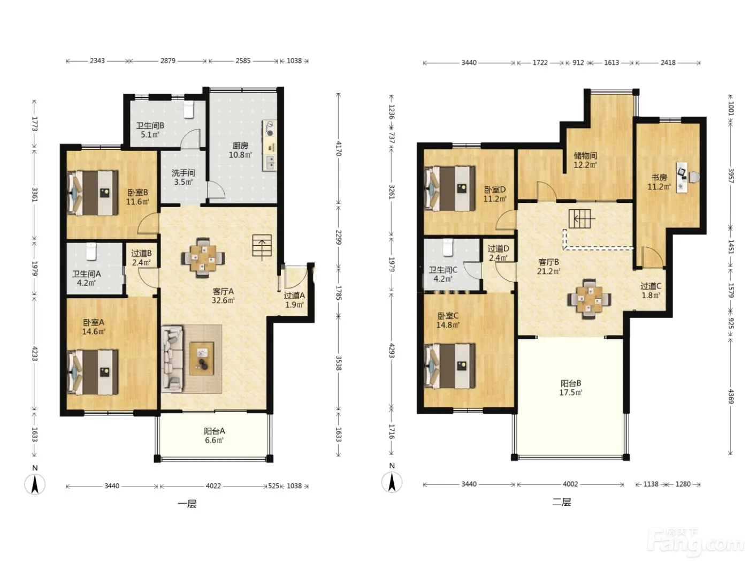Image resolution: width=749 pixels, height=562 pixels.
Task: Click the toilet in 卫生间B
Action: click(189, 109)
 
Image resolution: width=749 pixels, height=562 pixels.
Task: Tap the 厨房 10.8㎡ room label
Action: click(240, 150)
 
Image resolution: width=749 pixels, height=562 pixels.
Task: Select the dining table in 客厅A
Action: click(203, 258)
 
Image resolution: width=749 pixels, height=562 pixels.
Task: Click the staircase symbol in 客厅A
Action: click(262, 246)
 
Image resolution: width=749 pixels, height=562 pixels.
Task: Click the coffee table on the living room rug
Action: click(202, 358)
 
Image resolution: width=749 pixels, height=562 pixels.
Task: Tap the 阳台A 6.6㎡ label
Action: click(215, 435)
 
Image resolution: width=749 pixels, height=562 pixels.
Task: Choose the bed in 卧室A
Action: click(93, 373)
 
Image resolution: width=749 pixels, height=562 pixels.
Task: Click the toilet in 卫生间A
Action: click(91, 252)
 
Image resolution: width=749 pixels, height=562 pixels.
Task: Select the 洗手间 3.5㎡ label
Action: click(184, 178)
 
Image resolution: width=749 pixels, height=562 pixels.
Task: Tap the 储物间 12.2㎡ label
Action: click(585, 161)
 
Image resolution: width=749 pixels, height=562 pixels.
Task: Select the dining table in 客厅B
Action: click(590, 299)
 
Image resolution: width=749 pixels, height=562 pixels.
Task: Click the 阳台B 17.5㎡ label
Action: click(570, 388)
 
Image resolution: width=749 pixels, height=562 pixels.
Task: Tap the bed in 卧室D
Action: click(449, 188)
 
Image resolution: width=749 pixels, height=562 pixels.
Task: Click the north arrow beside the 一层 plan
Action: click(35, 484)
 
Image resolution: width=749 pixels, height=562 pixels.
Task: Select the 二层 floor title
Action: click(561, 502)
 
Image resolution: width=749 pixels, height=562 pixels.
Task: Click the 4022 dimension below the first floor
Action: click(213, 485)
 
